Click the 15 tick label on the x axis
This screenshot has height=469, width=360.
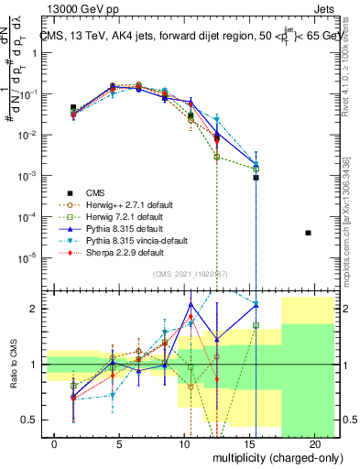coord(250,442)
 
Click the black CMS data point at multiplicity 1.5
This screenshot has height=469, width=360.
coord(73,108)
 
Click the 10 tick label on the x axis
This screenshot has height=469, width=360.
coord(185,442)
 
